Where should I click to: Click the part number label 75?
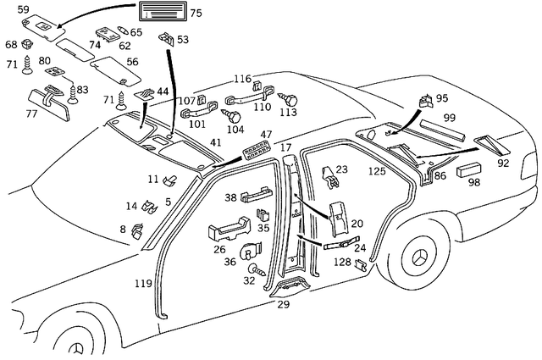tap(196, 14)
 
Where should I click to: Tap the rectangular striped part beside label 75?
tap(160, 14)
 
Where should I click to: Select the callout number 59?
tap(24, 10)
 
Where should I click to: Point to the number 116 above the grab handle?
tap(244, 78)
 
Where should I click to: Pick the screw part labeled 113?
tap(287, 97)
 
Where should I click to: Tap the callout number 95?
tap(441, 98)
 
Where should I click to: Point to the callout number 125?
tap(377, 171)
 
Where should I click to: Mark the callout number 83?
tap(82, 90)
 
